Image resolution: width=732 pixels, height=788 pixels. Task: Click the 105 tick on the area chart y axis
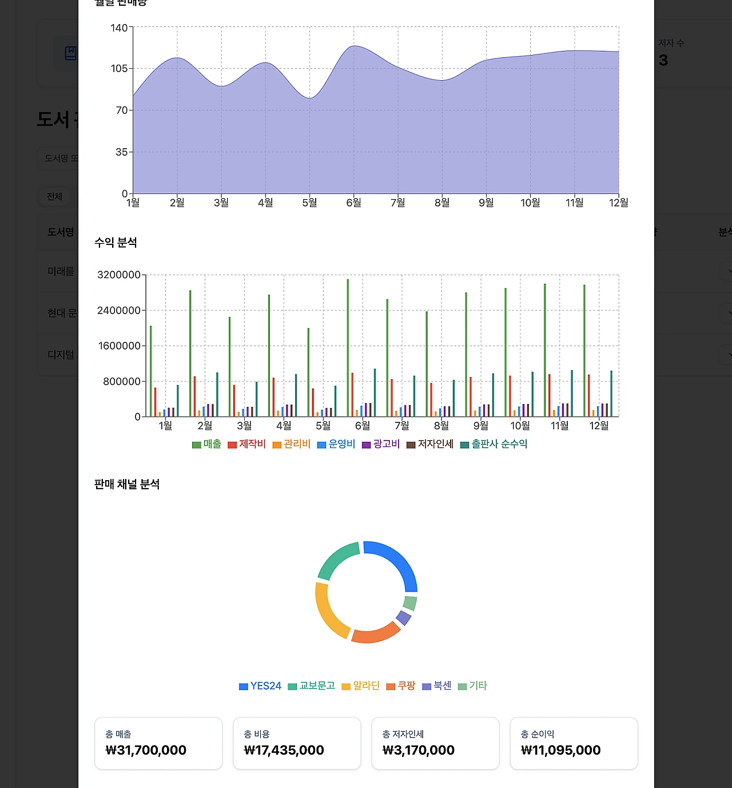pos(119,69)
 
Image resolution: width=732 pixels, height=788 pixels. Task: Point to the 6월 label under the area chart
pos(353,203)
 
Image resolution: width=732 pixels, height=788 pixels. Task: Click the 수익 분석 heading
pos(116,243)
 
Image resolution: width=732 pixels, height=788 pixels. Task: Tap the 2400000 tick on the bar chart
pos(118,310)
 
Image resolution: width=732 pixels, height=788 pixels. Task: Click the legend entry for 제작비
pos(246,444)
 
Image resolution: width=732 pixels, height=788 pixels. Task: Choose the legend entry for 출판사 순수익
pos(494,444)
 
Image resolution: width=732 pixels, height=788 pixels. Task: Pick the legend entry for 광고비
pos(381,444)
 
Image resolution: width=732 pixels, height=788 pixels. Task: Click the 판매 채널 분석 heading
pos(127,484)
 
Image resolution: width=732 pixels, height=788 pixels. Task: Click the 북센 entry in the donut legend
pos(437,686)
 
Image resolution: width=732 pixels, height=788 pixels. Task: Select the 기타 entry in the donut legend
pos(473,686)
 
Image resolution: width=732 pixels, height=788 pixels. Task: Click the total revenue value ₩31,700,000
pos(146,750)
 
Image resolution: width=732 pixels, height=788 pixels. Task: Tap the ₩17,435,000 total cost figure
pos(284,750)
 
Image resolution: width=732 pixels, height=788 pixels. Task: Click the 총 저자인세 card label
pos(403,734)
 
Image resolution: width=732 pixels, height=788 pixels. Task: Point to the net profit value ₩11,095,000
pos(560,750)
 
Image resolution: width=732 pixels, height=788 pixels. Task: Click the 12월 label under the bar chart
pos(599,426)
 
